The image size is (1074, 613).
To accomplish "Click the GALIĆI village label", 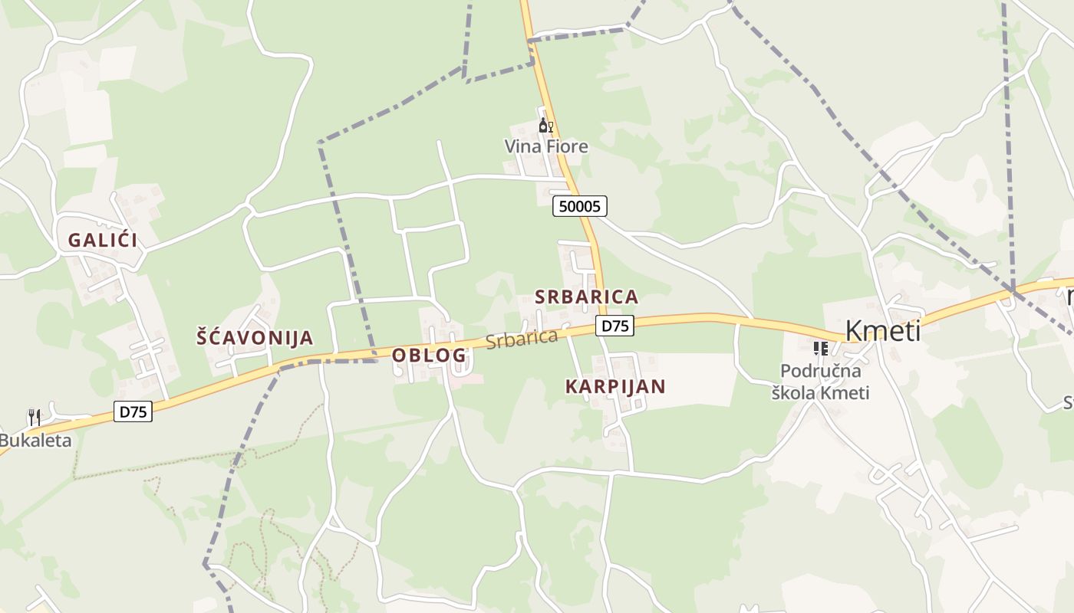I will (103, 240).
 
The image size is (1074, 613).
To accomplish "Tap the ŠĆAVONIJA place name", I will (255, 337).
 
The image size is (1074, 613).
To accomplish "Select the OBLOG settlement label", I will (429, 355).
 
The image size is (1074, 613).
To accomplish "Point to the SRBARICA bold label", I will (586, 297).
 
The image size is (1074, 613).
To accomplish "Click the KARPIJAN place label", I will (615, 386).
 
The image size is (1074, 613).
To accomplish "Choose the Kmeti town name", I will (882, 331).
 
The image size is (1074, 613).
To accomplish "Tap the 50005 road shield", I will (580, 205).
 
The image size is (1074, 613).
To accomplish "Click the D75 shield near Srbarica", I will (614, 326).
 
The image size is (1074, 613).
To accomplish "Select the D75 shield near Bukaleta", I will (133, 411).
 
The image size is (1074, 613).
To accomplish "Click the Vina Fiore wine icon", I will (545, 126).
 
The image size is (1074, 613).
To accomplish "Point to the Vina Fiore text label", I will (546, 146).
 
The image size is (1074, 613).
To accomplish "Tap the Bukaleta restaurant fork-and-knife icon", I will (34, 418).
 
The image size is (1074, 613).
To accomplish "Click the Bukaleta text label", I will (35, 441).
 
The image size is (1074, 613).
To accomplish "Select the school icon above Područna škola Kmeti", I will (821, 349).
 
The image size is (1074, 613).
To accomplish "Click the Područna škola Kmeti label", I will (821, 382).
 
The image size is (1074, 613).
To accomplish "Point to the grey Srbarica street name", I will (522, 338).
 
